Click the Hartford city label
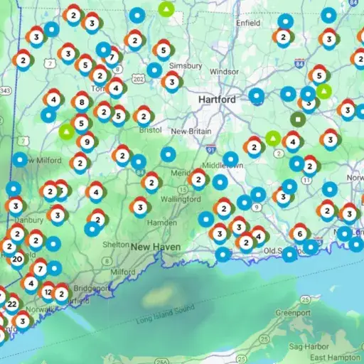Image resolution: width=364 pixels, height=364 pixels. coord(217,100)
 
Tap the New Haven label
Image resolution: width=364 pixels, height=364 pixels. coord(155,247)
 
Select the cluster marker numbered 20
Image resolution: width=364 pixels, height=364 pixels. coord(17,259)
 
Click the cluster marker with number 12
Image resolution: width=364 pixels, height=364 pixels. coord(48,291)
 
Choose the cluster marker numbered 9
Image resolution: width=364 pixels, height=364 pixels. coord(87,141)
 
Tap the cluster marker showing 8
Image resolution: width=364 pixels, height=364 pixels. coord(81,102)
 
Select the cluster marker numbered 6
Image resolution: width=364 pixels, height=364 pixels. coord(300,234)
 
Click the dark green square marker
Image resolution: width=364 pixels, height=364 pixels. coord(298,119)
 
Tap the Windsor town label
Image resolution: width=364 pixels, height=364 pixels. coord(225,72)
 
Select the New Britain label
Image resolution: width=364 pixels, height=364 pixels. coord(188,131)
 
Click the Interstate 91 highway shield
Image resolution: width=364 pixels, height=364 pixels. coord(210,150)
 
